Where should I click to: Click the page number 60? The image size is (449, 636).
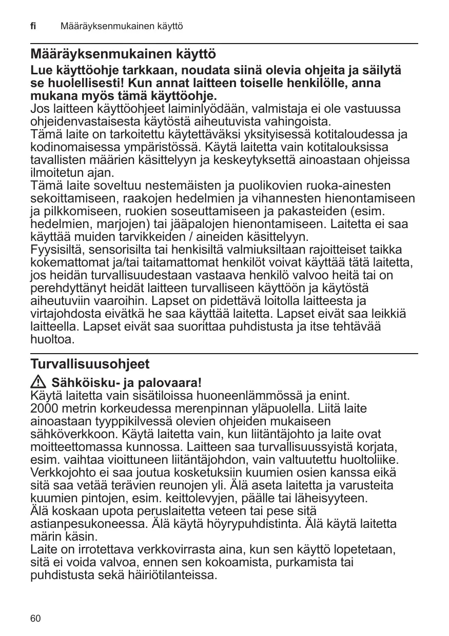pyautogui.click(x=35, y=619)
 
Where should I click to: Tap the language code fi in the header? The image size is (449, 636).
pyautogui.click(x=34, y=26)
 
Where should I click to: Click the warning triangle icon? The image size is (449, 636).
pyautogui.click(x=38, y=383)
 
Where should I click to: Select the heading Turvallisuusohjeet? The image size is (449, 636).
pyautogui.click(x=90, y=364)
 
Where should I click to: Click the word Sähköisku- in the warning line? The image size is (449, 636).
pyautogui.click(x=81, y=383)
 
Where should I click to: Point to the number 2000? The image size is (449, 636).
pyautogui.click(x=44, y=408)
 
